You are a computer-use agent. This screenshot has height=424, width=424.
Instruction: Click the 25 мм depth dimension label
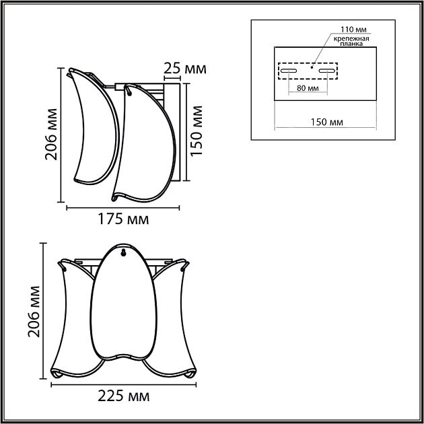click(184, 69)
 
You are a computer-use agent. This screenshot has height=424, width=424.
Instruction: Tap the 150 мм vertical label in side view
click(197, 129)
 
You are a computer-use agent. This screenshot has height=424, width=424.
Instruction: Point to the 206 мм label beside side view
click(50, 134)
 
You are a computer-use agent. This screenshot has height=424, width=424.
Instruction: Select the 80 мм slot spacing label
click(307, 89)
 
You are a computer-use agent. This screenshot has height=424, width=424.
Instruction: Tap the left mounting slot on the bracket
click(289, 70)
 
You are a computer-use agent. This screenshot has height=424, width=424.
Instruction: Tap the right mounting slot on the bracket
click(327, 70)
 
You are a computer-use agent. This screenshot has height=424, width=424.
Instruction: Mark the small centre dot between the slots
click(312, 67)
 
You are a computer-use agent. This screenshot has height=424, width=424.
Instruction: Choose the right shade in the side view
click(145, 145)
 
